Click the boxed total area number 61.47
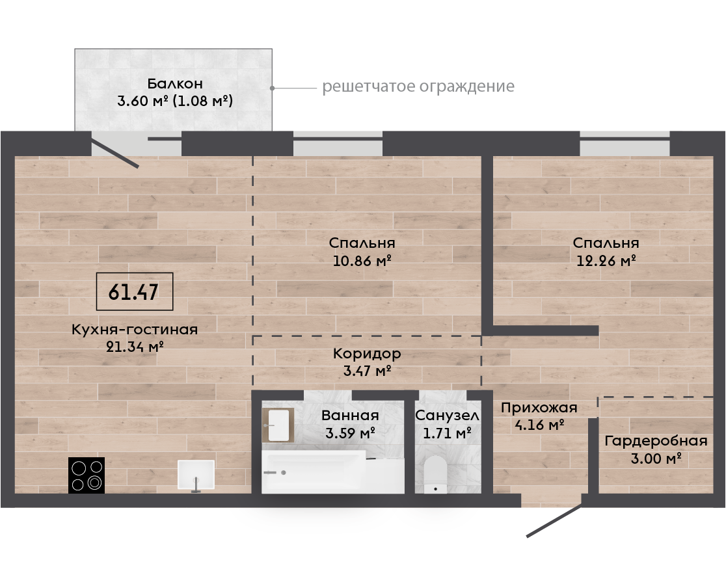click(134, 291)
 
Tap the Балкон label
click(175, 83)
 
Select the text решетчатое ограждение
click(418, 87)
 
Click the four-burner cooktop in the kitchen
click(87, 475)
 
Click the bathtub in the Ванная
click(332, 472)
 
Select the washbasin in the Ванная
click(278, 425)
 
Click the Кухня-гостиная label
click(135, 330)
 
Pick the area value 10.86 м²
click(362, 261)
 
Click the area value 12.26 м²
click(606, 261)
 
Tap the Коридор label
click(367, 354)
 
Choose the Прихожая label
click(539, 408)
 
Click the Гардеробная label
click(656, 441)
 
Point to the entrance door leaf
click(554, 521)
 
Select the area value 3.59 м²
click(350, 433)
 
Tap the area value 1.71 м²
click(448, 433)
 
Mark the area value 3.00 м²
click(656, 459)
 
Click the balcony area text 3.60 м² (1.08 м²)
click(175, 100)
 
